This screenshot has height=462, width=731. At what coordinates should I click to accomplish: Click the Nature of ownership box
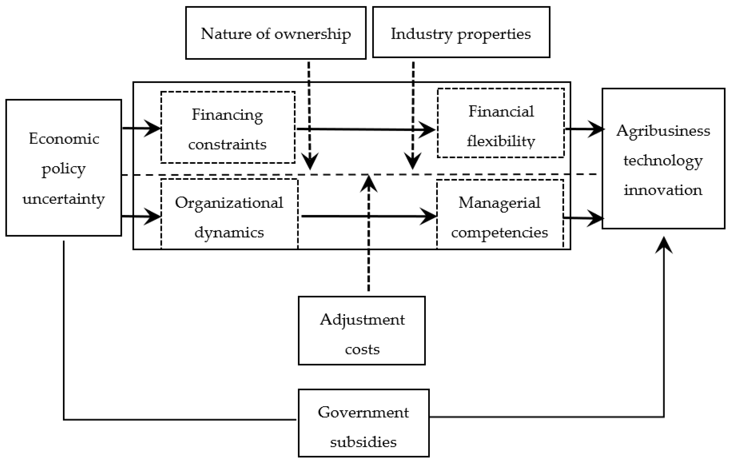pos(276,33)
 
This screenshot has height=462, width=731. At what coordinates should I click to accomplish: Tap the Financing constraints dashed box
pos(228,128)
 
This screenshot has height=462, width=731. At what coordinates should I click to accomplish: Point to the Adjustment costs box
pos(362,331)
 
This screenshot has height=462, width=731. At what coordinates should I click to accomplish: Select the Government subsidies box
pos(363,423)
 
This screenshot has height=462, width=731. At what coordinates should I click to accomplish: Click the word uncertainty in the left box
pos(64,199)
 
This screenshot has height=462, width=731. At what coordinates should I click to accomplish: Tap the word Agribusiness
pos(663,131)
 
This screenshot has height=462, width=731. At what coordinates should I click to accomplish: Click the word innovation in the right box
pos(663,190)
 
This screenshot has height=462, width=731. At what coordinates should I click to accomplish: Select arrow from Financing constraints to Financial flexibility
pos(364,129)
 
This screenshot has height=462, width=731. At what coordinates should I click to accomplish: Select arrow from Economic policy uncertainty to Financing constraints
pos(141,128)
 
